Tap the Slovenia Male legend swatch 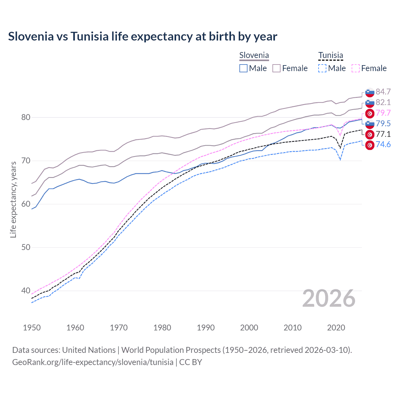click(x=243, y=68)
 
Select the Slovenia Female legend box click(x=276, y=68)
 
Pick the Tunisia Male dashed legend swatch click(x=322, y=68)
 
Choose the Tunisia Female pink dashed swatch click(x=356, y=68)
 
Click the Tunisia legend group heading click(x=330, y=55)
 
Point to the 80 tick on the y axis click(x=26, y=118)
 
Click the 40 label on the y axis click(x=26, y=291)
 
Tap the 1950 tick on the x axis click(x=32, y=328)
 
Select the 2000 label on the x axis click(x=249, y=328)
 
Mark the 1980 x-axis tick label click(x=162, y=328)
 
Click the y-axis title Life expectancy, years click(x=13, y=199)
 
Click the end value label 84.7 click(x=383, y=92)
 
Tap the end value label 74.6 click(x=383, y=145)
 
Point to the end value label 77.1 click(x=383, y=134)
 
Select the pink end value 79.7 click(x=383, y=113)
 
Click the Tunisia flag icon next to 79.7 click(x=370, y=113)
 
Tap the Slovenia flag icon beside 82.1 click(x=370, y=103)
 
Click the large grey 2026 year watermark click(x=329, y=299)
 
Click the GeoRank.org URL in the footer click(x=93, y=362)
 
